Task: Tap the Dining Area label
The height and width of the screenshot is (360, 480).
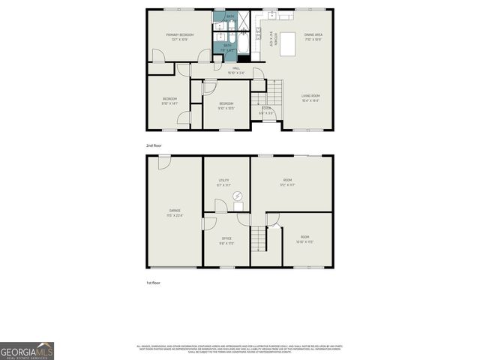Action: click(313, 34)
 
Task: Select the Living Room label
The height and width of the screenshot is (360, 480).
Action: click(310, 96)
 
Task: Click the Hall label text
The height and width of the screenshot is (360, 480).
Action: click(236, 67)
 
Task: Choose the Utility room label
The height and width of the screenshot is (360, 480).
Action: click(223, 181)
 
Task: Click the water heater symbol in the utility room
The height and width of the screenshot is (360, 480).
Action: click(238, 196)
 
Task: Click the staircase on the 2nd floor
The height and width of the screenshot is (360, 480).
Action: click(277, 94)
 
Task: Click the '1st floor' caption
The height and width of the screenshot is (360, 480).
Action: click(153, 283)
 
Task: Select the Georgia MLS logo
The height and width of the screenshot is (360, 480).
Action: click(27, 350)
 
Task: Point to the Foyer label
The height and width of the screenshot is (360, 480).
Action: click(265, 109)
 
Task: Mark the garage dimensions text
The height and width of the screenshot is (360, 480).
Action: click(175, 216)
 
